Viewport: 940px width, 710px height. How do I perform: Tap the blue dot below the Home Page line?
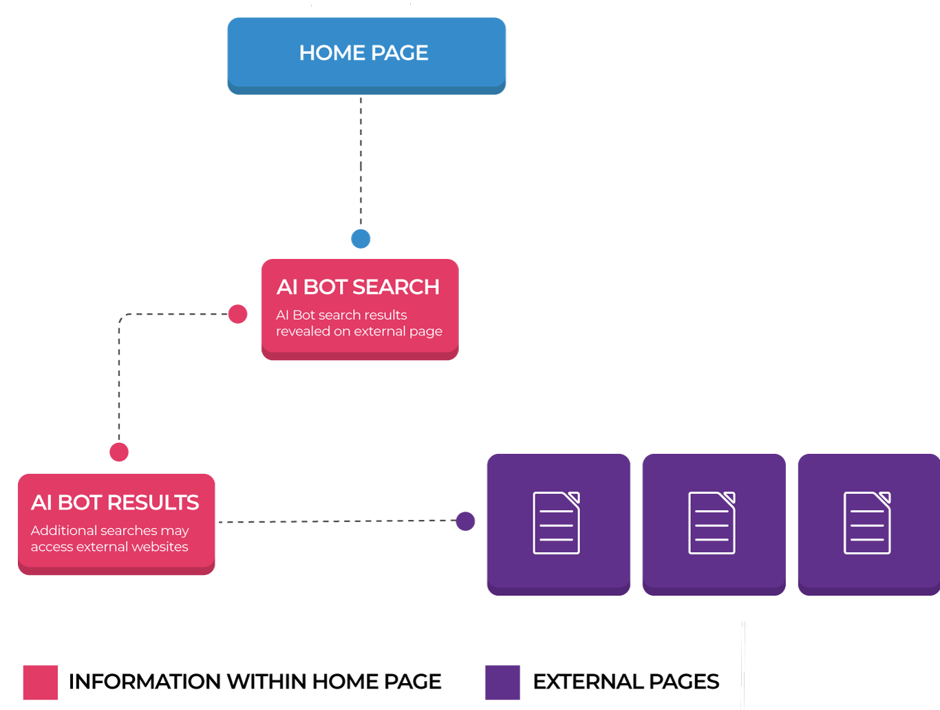point(361,239)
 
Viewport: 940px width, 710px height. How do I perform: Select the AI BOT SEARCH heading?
point(358,286)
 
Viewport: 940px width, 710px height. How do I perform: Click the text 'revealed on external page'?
point(359,331)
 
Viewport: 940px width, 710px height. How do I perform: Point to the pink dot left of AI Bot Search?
point(237,314)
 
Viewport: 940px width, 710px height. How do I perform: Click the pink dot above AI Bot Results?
point(119,452)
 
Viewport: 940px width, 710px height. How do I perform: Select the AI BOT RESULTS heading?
point(115,502)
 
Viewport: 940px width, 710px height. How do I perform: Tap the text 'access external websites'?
point(109,547)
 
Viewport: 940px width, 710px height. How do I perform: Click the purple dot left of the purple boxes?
point(465,521)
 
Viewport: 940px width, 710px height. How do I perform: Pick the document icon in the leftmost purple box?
point(557,523)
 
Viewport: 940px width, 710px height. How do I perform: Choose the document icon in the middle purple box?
point(712,523)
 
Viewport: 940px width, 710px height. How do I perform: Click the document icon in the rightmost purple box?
point(868,523)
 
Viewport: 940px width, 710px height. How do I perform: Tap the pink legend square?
point(40,682)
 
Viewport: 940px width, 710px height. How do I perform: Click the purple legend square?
point(502,682)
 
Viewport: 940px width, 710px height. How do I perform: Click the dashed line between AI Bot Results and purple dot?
point(337,521)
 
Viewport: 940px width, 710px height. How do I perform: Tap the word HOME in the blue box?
point(332,53)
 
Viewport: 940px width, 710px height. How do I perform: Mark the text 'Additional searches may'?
point(109,530)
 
